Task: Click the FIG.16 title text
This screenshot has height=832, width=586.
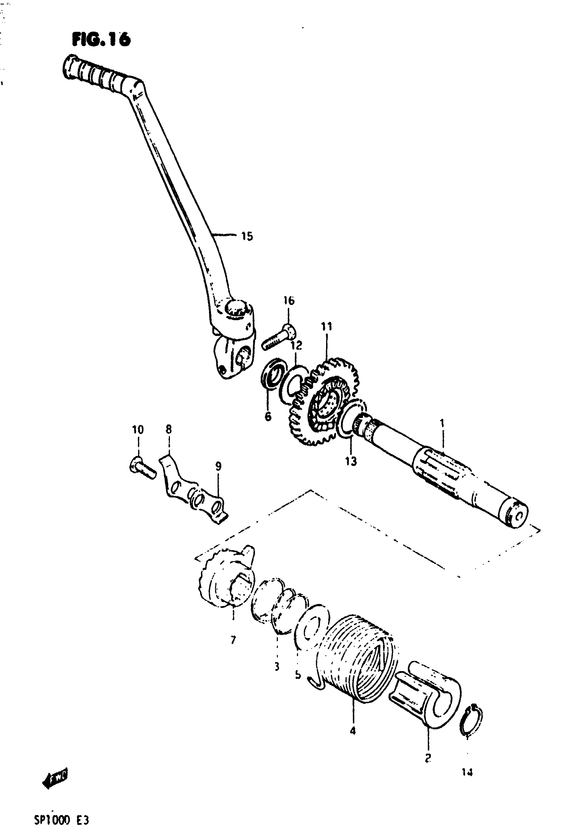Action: (101, 40)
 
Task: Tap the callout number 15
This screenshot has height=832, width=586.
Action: (247, 237)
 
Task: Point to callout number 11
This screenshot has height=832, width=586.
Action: (326, 327)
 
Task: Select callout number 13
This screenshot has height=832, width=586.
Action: (351, 461)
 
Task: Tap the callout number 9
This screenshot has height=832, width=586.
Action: (218, 466)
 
